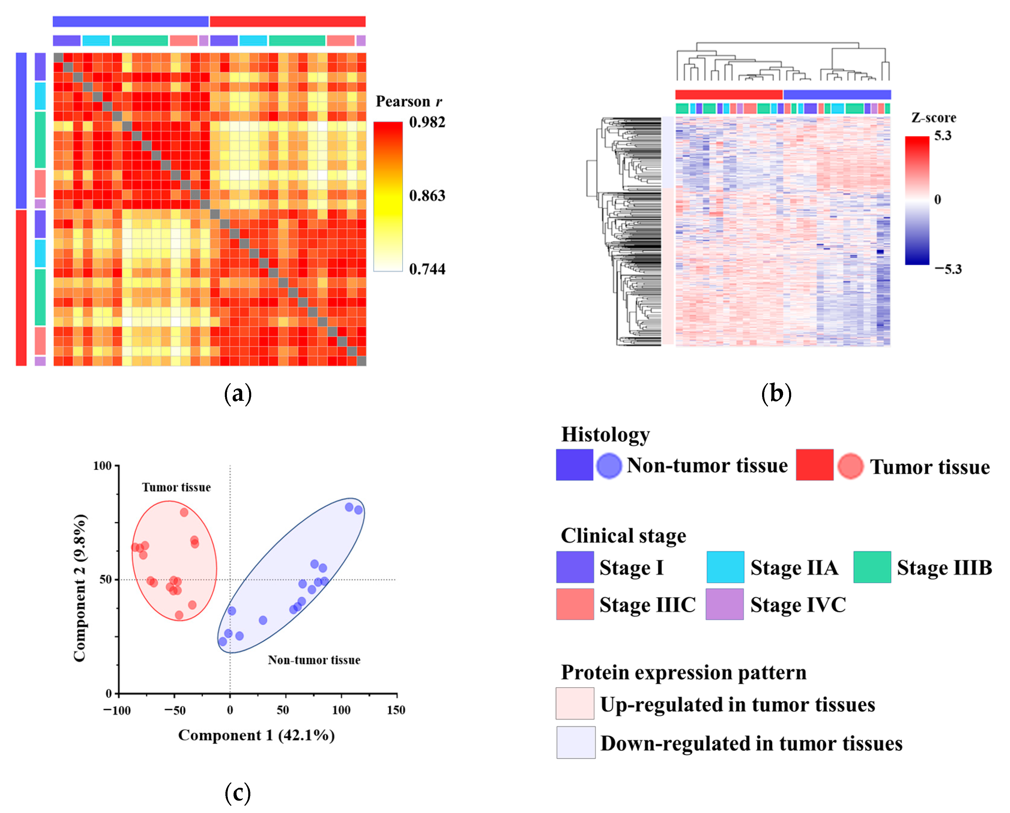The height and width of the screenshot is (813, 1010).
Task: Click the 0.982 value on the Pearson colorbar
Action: pos(427,122)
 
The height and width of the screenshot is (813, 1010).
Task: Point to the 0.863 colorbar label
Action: pos(427,196)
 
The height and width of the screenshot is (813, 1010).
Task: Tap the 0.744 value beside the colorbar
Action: pos(427,269)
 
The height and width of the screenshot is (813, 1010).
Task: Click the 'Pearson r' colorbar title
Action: pos(409,102)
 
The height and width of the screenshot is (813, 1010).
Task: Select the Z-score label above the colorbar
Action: pos(933,118)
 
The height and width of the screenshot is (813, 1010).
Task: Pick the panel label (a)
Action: pos(238,394)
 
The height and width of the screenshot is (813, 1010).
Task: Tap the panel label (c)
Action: pos(238,793)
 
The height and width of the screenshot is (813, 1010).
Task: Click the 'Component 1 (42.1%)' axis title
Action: pos(256,735)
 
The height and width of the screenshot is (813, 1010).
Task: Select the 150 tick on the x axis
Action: pos(396,710)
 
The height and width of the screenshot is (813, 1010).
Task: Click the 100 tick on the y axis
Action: pos(102,466)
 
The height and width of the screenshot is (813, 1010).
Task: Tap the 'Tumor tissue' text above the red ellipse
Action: pos(176,487)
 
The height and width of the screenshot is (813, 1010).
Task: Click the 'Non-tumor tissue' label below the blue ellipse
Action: pos(314,660)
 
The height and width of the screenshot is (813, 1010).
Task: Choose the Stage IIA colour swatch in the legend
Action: pos(725,567)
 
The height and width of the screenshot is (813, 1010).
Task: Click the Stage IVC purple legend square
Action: pos(724,604)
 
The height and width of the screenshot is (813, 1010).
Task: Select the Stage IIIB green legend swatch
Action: pos(872,567)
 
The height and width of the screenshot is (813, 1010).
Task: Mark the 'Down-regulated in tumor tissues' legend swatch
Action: pos(575,742)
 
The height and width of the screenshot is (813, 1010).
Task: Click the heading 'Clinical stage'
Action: pos(623,535)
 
